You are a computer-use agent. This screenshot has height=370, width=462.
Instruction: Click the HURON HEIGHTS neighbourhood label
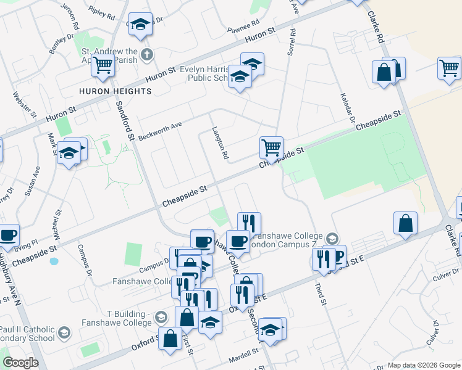pos(115,91)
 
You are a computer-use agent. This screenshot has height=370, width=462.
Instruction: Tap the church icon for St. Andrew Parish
pos(146,54)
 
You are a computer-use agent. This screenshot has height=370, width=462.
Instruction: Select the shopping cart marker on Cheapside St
pos(271,148)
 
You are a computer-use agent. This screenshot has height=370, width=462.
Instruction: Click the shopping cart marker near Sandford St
pos(103,65)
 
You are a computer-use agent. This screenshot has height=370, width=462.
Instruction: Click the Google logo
pos(20,363)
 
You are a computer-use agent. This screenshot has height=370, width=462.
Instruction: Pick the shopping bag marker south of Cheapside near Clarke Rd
pos(405,223)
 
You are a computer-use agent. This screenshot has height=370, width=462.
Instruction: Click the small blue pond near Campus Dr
pos(54,261)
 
